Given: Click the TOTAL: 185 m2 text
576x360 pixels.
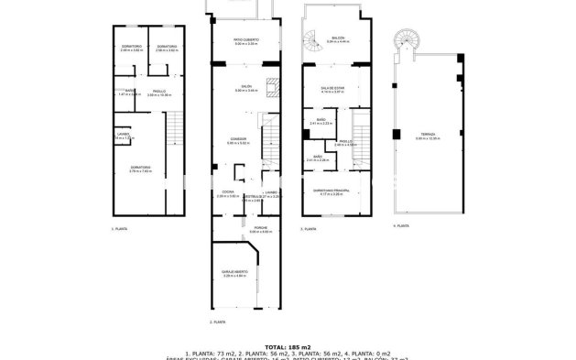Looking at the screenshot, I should click(288, 346).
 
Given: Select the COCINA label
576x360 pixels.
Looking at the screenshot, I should click(226, 193).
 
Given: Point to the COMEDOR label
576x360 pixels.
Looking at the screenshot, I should click(237, 140).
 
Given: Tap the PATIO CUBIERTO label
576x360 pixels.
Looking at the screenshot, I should click(243, 40).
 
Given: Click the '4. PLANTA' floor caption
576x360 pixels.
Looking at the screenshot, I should click(400, 225).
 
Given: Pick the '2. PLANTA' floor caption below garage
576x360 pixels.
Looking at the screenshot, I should click(217, 322).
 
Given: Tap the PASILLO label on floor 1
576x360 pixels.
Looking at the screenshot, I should click(158, 93).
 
